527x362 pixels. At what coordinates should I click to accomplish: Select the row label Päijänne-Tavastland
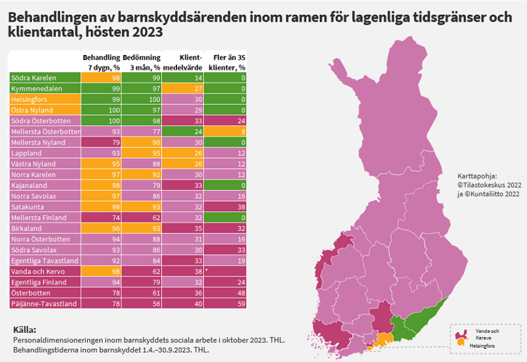point(39,303)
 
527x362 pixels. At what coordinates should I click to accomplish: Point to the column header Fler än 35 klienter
point(226,63)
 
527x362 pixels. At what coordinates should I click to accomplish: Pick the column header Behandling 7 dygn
point(101,63)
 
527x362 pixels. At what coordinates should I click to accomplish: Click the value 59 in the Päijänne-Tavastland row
point(241,303)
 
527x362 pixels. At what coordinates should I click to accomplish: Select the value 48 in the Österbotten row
point(241,293)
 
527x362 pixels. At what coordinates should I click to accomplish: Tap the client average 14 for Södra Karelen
point(198,77)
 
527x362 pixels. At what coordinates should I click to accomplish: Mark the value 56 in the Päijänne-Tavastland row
point(156,303)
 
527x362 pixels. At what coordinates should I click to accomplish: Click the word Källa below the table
point(25,330)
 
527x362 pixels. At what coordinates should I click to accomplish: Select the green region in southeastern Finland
point(421,321)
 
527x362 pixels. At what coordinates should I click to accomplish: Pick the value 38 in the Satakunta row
point(241,207)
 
